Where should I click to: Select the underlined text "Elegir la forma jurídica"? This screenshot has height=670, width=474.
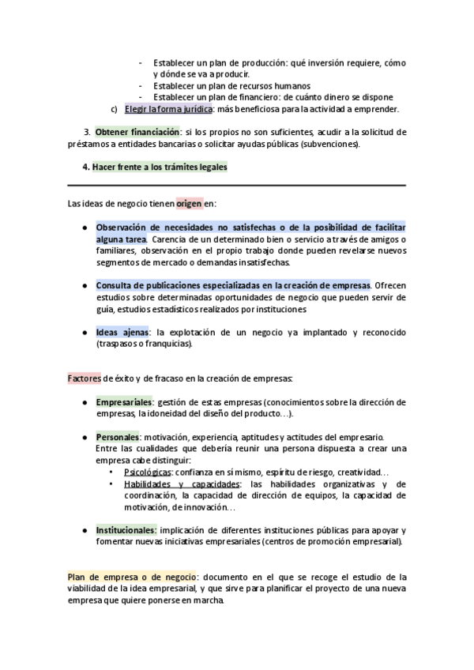[x=168, y=109]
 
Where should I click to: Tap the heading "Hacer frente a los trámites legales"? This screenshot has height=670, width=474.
[x=159, y=167]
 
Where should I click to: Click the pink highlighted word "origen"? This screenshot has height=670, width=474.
[x=189, y=203]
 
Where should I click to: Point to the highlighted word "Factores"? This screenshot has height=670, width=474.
[x=84, y=378]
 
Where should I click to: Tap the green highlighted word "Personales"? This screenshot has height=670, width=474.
[x=117, y=436]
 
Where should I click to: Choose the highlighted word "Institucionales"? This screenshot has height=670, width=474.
[x=126, y=529]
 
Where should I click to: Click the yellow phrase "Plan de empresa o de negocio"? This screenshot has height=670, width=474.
[x=131, y=576]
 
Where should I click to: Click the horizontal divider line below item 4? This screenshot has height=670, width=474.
[x=237, y=185]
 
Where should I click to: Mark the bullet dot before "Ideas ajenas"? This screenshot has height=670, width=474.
[x=85, y=333]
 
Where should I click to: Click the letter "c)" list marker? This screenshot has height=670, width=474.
[x=114, y=109]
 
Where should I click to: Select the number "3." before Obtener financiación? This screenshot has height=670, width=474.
[x=87, y=131]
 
